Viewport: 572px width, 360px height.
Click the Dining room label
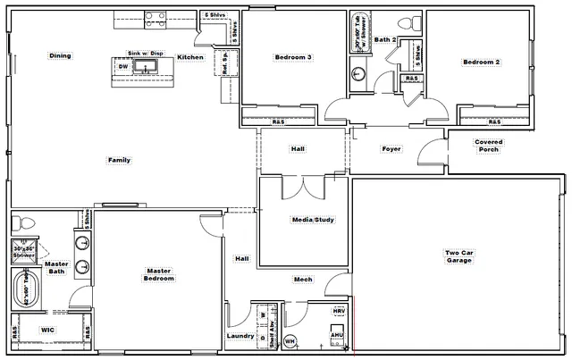coord(60,56)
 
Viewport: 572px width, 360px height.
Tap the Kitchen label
coord(190,57)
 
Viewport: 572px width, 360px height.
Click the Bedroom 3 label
coord(293,58)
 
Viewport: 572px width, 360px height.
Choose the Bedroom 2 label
coord(480,62)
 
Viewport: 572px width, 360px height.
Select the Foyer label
coord(391,149)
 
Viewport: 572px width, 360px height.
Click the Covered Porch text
coord(488,146)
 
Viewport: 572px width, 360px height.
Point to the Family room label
coord(119,161)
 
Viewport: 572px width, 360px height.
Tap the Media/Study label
coord(313,220)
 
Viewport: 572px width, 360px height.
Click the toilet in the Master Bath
coord(26,222)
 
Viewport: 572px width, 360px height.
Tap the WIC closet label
coord(49,330)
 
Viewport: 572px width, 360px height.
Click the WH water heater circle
coord(290,340)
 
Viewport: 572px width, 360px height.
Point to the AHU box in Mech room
coord(337,336)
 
